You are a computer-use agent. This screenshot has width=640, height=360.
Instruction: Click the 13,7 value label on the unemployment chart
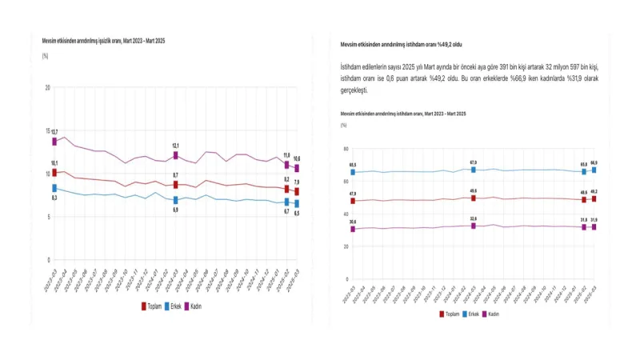pyautogui.click(x=54, y=131)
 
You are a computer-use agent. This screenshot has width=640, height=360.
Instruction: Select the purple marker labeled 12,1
pyautogui.click(x=175, y=156)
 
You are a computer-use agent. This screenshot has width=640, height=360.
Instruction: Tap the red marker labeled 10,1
pyautogui.click(x=54, y=172)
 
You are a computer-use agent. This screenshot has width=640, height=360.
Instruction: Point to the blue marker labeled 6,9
pyautogui.click(x=175, y=200)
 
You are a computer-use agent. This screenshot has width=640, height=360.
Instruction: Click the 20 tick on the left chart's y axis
pyautogui.click(x=48, y=87)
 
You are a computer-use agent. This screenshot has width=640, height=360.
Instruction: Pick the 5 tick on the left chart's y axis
pyautogui.click(x=50, y=217)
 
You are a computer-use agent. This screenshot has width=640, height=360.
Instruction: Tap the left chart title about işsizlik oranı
pyautogui.click(x=103, y=40)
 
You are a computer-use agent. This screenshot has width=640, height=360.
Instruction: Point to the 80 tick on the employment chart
pyautogui.click(x=345, y=149)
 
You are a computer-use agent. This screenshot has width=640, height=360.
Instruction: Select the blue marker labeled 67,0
pyautogui.click(x=474, y=170)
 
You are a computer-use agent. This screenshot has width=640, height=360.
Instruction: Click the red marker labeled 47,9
pyautogui.click(x=352, y=201)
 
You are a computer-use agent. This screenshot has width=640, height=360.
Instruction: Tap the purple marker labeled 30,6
pyautogui.click(x=352, y=229)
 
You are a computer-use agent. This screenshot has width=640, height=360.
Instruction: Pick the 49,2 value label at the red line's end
pyautogui.click(x=594, y=191)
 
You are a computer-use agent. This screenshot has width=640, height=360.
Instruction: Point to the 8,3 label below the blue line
pyautogui.click(x=54, y=197)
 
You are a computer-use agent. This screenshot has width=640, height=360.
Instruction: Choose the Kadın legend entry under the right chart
pyautogui.click(x=494, y=314)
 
